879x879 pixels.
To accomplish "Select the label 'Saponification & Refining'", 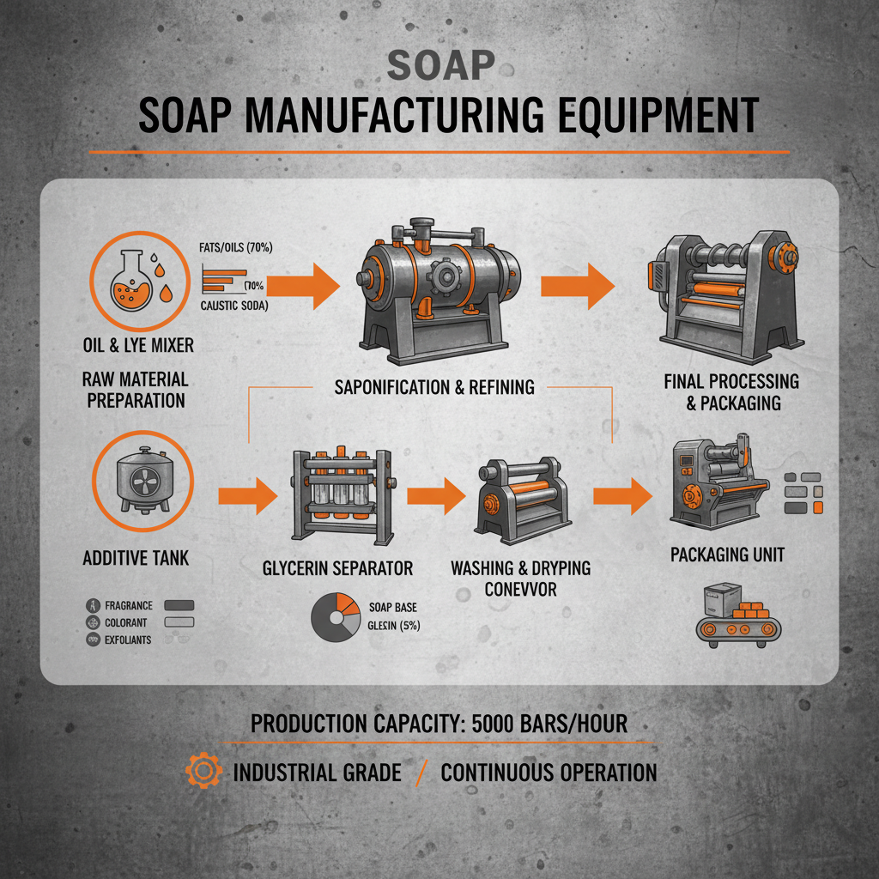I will click(433, 386).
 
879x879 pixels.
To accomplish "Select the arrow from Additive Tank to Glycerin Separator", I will click(248, 496).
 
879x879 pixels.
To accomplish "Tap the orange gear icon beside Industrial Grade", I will click(203, 772).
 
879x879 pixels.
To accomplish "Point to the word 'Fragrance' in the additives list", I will click(128, 605).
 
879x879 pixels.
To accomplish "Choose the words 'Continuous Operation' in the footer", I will click(549, 772).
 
